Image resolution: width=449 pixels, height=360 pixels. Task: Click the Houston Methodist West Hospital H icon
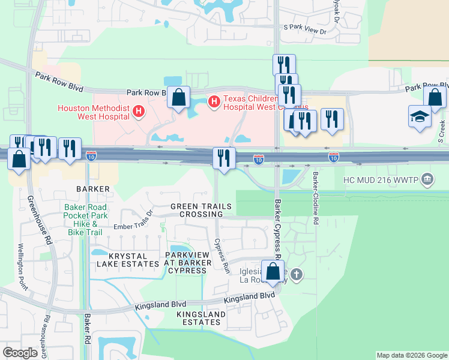point(139,111)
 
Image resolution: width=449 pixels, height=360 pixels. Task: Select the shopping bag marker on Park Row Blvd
point(179,97)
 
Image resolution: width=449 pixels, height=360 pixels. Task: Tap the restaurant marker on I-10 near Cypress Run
point(223,158)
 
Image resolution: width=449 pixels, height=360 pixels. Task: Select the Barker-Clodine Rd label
point(315,199)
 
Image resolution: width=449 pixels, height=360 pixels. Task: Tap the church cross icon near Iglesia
point(297,274)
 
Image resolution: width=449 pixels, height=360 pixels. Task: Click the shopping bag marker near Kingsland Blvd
point(273,271)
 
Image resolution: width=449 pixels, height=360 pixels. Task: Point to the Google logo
point(20,353)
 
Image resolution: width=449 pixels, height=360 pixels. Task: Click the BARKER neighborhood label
point(93,189)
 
